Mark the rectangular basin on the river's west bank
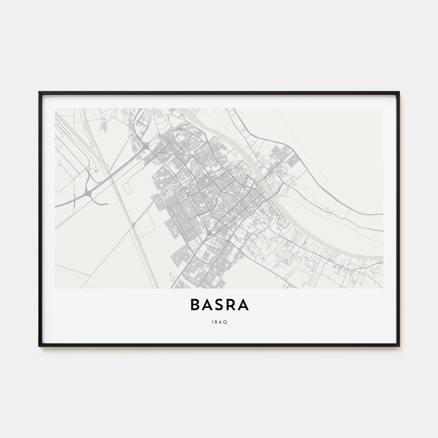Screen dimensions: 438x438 282,223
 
